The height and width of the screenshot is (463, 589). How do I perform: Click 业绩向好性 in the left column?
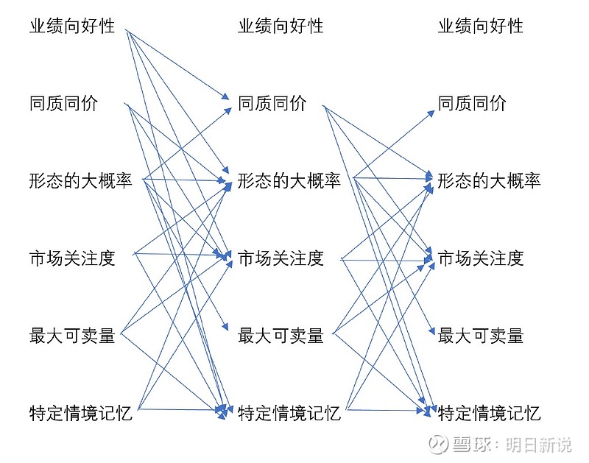coord(72,26)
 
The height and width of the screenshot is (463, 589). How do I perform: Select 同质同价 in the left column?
coord(63,103)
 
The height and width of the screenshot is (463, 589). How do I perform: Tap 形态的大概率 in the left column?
coord(81,180)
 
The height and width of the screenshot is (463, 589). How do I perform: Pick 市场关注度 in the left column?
coord(72,258)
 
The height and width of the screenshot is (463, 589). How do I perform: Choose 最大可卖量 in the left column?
coord(72,336)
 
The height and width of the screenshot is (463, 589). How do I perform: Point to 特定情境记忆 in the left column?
coord(81,413)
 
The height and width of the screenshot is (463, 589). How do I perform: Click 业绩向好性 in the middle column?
coord(281,26)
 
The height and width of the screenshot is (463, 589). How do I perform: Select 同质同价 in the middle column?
coord(272,103)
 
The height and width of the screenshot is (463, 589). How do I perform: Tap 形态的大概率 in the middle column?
coord(289,180)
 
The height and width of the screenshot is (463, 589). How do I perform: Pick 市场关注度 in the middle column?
coord(281,258)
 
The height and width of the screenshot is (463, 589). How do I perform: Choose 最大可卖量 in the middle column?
coord(281,336)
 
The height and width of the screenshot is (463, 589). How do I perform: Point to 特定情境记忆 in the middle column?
coord(289,413)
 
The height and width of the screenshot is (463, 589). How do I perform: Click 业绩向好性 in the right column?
coord(481,26)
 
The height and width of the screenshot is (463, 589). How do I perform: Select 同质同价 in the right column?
coord(472,103)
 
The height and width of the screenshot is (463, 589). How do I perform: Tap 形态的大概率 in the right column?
coord(489,180)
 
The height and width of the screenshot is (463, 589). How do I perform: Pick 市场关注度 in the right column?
coord(481,258)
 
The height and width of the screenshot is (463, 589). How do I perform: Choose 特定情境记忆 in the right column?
coord(489,413)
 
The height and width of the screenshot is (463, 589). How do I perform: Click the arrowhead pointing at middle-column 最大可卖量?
coord(225,326)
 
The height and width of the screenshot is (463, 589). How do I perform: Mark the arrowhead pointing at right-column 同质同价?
coord(431,113)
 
